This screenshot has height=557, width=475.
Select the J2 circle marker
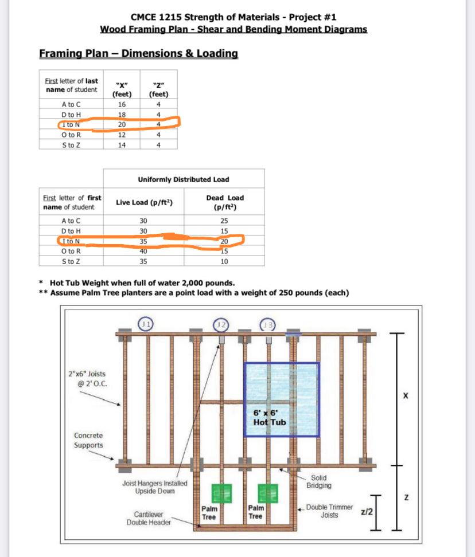tap(220, 324)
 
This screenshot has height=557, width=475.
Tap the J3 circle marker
tap(268, 324)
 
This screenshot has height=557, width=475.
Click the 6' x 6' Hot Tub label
tap(269, 418)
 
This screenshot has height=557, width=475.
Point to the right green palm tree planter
tap(267, 492)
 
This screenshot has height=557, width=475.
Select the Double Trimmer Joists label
tap(329, 511)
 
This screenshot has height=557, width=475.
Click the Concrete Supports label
tap(88, 440)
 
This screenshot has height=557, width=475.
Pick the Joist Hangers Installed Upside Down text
tap(154, 487)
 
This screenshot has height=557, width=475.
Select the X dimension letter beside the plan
tap(406, 396)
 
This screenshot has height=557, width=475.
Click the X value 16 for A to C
tap(122, 104)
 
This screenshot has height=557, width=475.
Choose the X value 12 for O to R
tap(122, 135)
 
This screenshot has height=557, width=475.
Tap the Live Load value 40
tap(143, 251)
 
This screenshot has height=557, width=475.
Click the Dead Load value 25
tap(224, 220)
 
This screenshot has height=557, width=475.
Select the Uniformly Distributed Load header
tap(184, 179)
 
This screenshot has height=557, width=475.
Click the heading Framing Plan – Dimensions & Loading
tap(138, 54)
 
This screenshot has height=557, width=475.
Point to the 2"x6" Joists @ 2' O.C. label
tap(87, 378)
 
